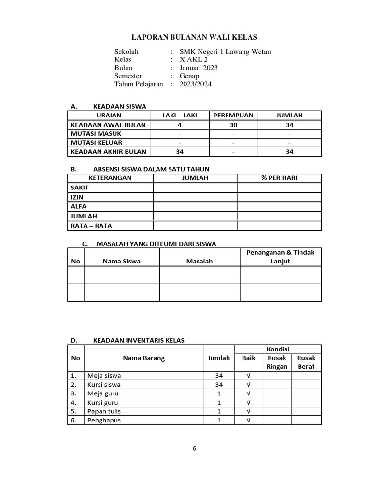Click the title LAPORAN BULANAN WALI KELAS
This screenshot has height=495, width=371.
tap(195, 37)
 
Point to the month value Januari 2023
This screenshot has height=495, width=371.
tap(199, 68)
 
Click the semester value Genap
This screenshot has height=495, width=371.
tap(189, 76)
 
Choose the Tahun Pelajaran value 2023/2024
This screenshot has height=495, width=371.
tap(196, 84)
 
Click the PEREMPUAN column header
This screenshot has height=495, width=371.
tap(233, 116)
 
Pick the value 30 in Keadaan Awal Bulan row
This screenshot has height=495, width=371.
tap(233, 125)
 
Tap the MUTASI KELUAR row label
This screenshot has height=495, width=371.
tap(97, 143)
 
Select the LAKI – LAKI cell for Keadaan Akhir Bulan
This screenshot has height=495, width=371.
tap(179, 152)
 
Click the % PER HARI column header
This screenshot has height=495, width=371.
tap(279, 178)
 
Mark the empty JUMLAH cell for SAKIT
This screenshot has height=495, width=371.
tap(195, 188)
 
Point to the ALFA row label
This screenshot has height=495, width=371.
tap(79, 206)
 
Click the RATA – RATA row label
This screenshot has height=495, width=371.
tap(91, 225)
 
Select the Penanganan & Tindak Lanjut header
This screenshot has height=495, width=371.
tap(280, 257)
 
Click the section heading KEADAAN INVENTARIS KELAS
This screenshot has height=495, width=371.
tap(138, 340)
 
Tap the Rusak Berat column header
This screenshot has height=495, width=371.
tap(306, 362)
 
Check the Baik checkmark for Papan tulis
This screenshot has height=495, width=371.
tap(248, 411)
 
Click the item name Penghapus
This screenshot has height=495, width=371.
tap(104, 420)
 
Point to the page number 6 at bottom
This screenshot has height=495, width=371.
tap(194, 448)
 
